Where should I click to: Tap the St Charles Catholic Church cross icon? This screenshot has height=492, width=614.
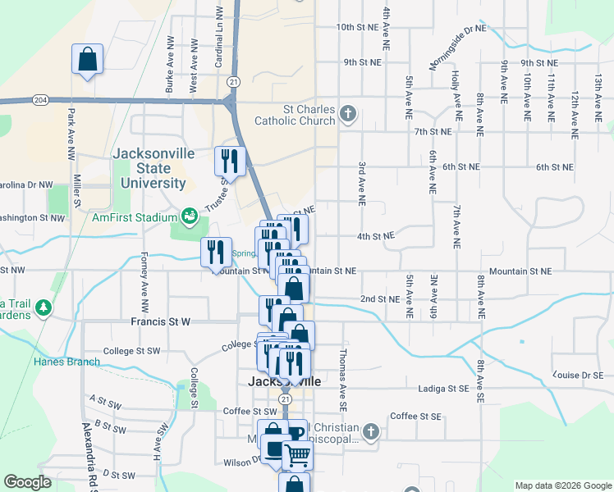[348, 112]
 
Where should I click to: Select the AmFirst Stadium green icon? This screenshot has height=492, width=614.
[190, 216]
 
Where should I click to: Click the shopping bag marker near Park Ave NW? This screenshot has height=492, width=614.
[87, 60]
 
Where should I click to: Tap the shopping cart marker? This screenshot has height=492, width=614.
[296, 455]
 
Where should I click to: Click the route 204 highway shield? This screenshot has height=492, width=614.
[40, 99]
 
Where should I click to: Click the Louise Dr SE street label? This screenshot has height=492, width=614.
[578, 375]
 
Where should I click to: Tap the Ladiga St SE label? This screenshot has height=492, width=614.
[443, 389]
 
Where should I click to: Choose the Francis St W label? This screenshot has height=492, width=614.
[160, 322]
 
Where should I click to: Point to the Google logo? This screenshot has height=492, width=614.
[27, 482]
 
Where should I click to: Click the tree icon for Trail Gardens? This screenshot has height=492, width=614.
[42, 307]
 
